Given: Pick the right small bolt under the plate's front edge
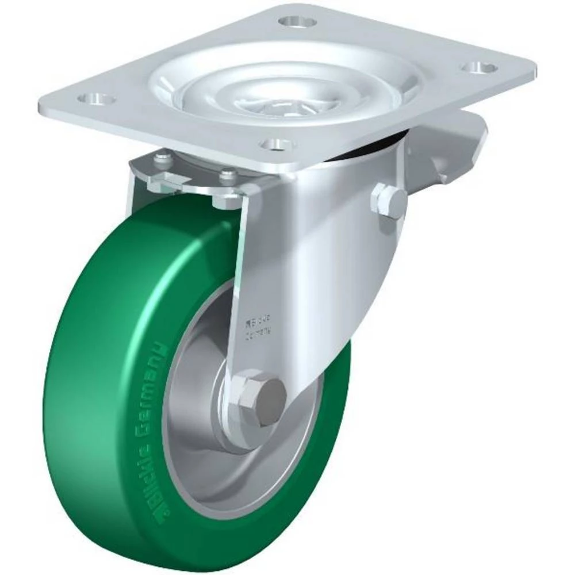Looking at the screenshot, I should pos(228,175).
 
